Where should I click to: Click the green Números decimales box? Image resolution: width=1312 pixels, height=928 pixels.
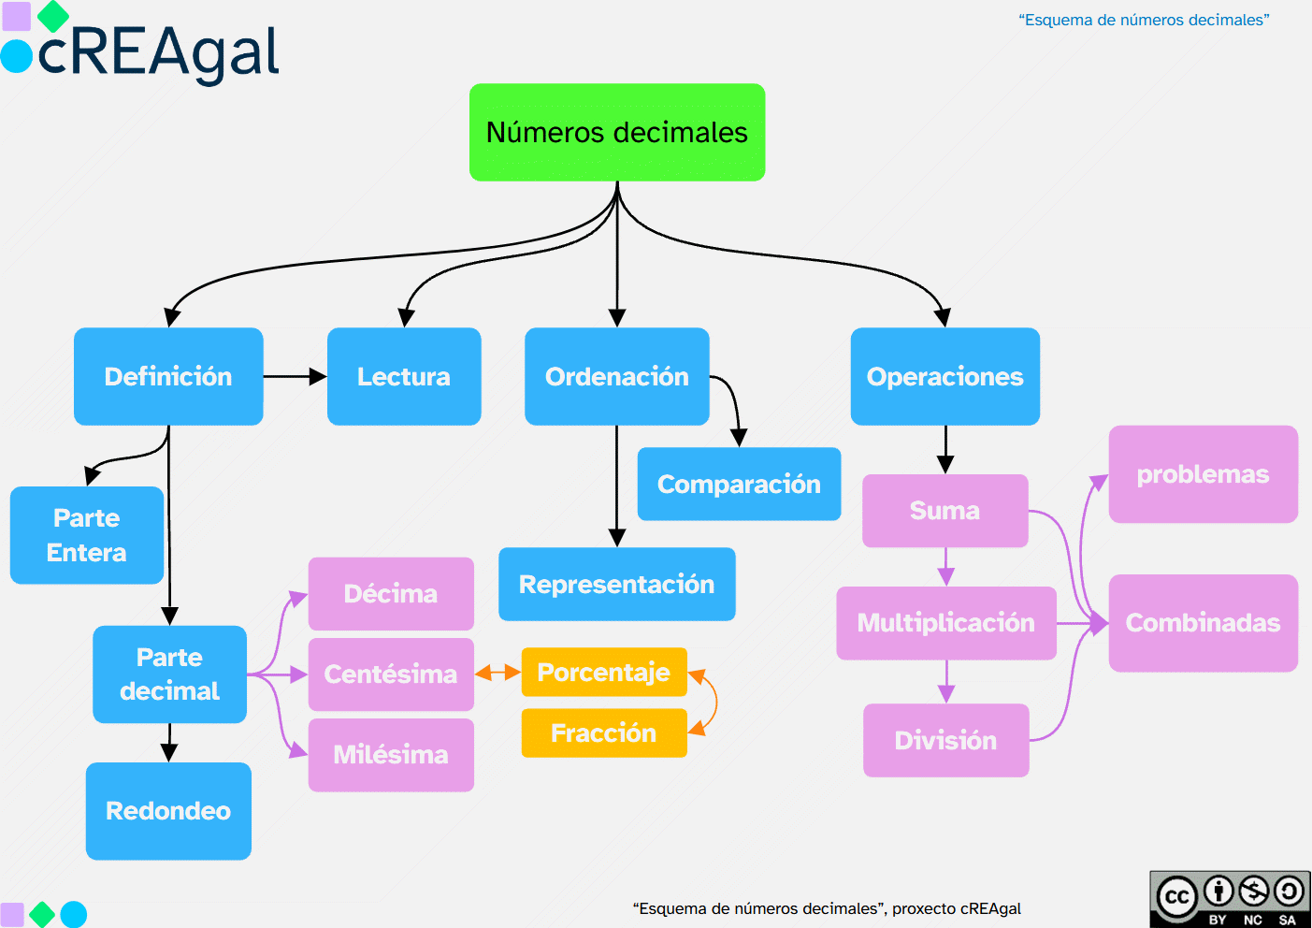[617, 132]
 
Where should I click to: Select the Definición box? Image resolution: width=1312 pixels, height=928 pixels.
[168, 376]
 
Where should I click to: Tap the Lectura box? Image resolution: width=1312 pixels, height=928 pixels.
[404, 376]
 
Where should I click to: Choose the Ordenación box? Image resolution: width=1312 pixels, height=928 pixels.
[616, 376]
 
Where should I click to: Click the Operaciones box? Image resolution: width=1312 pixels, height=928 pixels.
[944, 376]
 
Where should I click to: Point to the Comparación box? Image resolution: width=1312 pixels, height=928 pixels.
[739, 484]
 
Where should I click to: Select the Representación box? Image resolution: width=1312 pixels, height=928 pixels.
[616, 584]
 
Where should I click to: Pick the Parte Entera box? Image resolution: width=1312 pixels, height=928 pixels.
[87, 535]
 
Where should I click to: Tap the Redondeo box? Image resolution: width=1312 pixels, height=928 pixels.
[168, 810]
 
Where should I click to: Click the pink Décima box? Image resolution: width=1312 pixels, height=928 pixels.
[391, 593]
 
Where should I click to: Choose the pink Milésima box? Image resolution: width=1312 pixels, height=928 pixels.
[391, 754]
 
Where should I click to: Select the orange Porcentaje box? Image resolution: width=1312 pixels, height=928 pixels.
[604, 672]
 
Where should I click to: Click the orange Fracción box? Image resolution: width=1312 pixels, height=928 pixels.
[604, 732]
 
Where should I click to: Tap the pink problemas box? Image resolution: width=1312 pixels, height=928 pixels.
[1203, 474]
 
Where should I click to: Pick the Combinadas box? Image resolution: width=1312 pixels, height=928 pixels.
[1203, 622]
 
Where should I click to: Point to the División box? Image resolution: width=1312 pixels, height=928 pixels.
[945, 740]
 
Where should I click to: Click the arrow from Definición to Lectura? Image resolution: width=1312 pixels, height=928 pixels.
[295, 376]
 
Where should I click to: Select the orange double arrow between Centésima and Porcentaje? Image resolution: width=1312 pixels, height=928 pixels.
[497, 673]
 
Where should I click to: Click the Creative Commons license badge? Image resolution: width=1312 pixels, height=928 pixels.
[1230, 899]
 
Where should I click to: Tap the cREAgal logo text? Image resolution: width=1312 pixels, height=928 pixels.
[157, 52]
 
